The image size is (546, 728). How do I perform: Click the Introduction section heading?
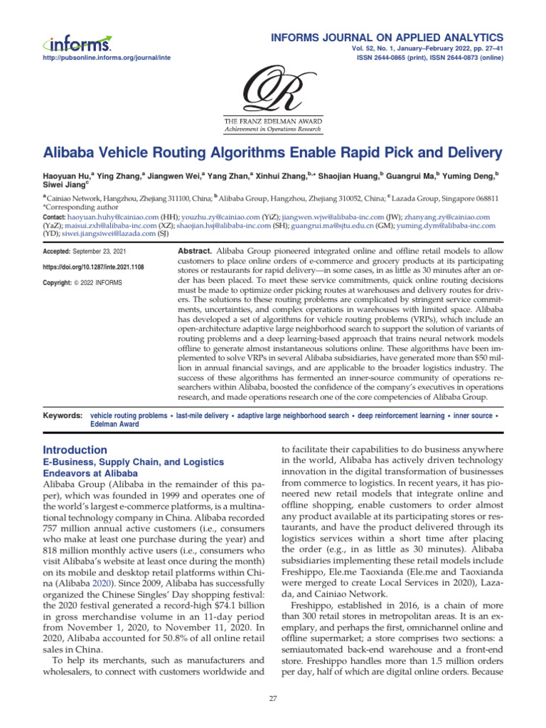click(75, 450)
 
